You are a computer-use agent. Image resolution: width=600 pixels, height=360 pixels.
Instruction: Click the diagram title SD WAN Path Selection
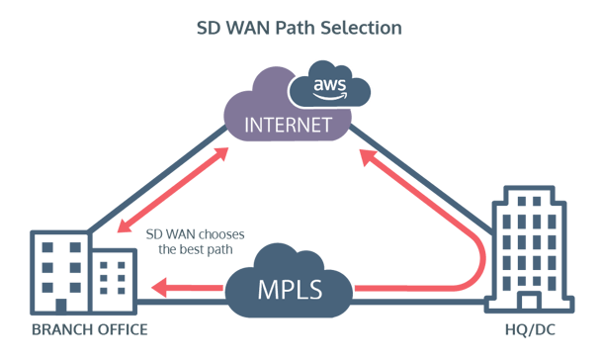pos(299,28)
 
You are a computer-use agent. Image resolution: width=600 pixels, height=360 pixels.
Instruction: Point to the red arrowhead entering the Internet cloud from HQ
pos(366,155)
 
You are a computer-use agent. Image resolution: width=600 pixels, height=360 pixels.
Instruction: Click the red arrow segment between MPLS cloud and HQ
pos(415,290)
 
